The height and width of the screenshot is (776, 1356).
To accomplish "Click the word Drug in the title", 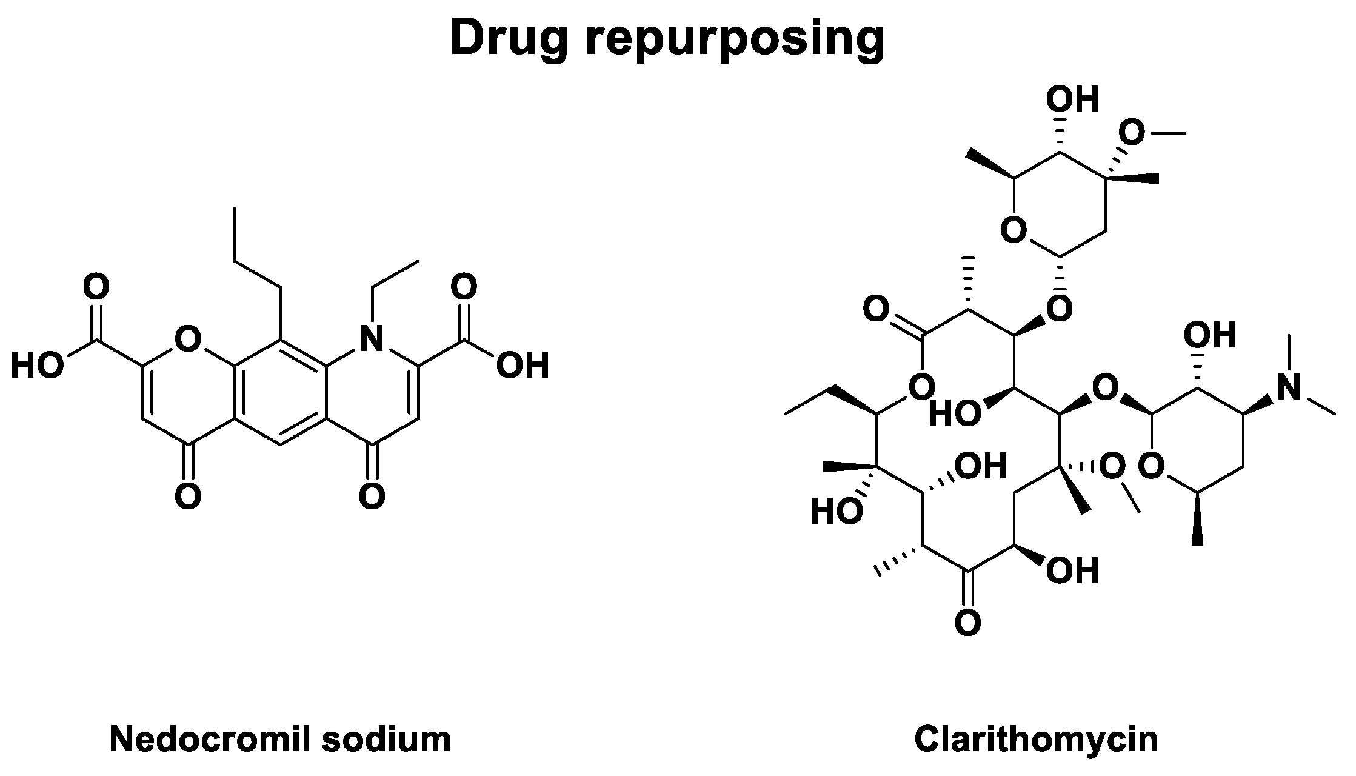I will (x=510, y=38).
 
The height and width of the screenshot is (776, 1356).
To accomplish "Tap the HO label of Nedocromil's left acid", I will (x=38, y=366).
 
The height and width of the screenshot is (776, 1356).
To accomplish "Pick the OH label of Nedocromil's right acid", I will (x=523, y=366).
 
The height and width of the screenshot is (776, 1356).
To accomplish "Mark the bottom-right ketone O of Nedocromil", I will (x=372, y=497).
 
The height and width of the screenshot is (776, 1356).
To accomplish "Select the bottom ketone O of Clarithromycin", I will (x=967, y=623).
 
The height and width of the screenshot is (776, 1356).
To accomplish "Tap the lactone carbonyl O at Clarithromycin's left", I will (x=877, y=310).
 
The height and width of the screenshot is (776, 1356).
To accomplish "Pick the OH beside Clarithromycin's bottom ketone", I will (x=1072, y=571).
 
